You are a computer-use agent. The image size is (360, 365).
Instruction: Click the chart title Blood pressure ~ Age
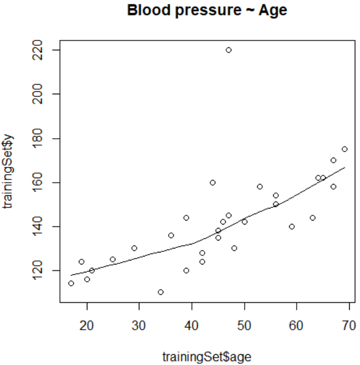click(x=207, y=10)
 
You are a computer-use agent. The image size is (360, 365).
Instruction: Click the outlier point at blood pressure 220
click(x=229, y=50)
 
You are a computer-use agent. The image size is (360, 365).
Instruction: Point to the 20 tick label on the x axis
click(x=87, y=325)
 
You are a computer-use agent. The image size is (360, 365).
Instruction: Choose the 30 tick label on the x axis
click(x=139, y=325)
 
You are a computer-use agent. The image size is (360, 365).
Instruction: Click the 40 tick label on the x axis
click(x=192, y=325)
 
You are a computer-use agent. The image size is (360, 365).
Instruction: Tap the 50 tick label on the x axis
click(x=245, y=325)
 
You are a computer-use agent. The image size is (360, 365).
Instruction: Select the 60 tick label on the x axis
click(x=297, y=325)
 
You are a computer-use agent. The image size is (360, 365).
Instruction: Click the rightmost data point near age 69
click(x=345, y=149)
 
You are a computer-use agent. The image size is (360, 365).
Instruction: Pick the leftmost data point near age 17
click(x=71, y=283)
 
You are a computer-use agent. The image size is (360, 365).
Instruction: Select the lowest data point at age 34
click(x=161, y=292)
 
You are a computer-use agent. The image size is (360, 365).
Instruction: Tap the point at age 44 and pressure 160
click(x=213, y=183)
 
